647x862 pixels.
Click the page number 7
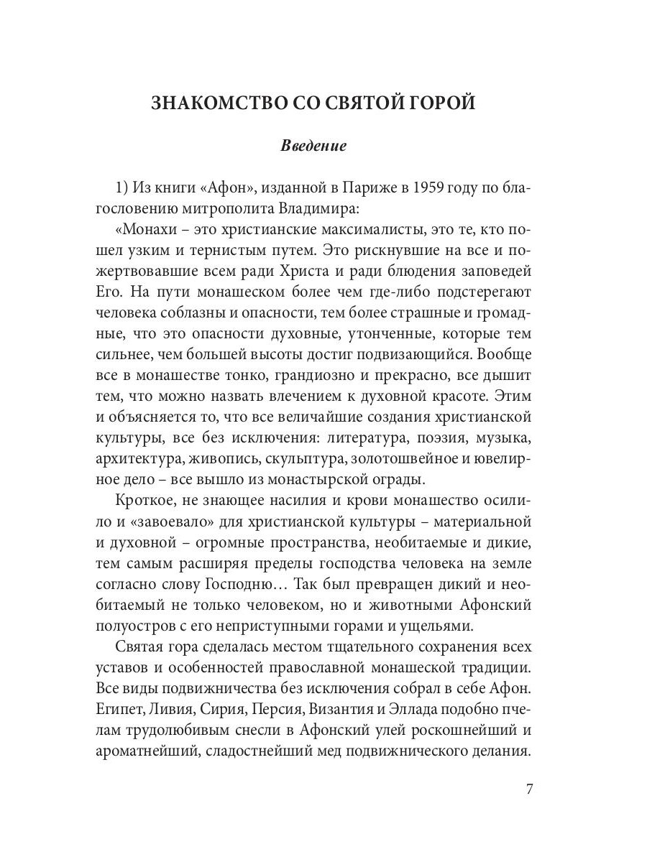[529, 789]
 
